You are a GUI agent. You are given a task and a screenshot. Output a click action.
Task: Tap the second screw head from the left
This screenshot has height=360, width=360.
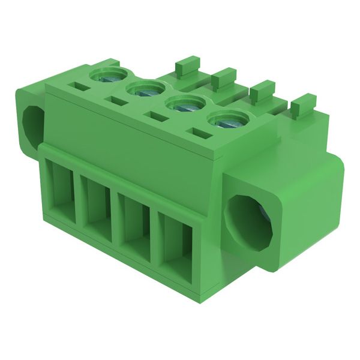pos(146,90)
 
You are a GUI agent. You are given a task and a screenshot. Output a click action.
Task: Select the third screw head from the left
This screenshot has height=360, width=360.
pos(185,104)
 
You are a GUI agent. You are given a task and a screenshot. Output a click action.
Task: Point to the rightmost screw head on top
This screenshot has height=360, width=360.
pos(226,121)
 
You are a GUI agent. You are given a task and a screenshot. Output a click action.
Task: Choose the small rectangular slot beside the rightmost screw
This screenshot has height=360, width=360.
pos(199,131)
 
